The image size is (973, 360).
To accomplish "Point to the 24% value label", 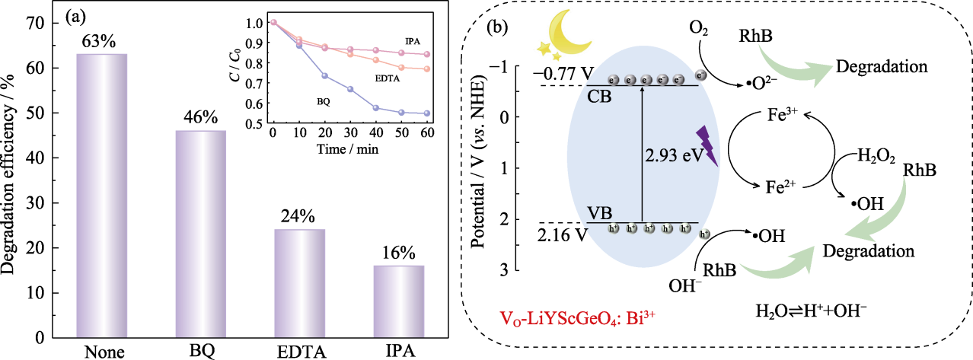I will click(300, 216).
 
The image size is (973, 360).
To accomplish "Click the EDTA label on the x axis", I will click(299, 352).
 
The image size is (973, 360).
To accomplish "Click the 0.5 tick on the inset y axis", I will click(257, 124).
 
